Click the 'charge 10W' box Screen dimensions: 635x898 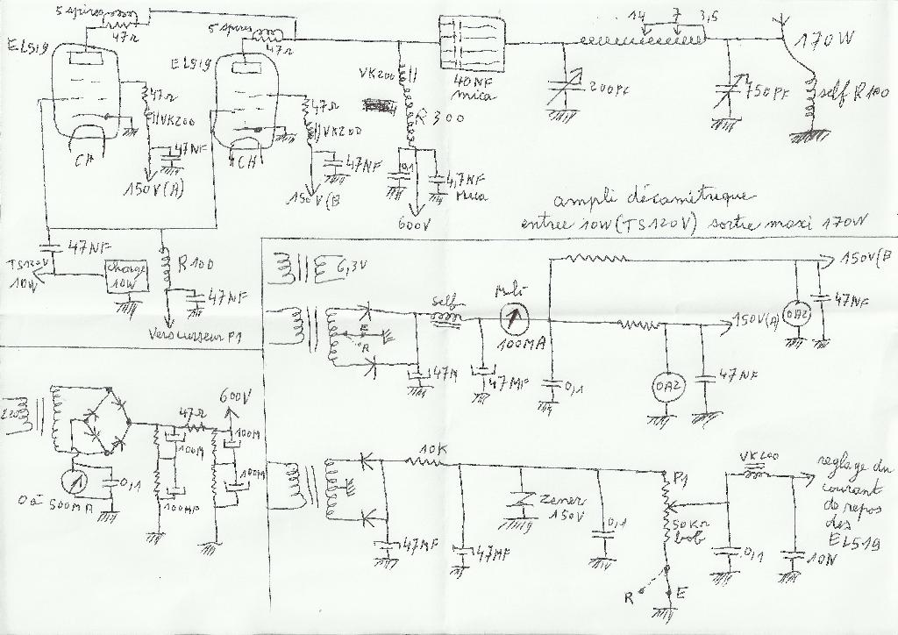pos(125,275)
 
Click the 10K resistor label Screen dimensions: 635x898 pos(432,450)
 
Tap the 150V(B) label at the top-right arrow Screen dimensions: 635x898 pos(864,260)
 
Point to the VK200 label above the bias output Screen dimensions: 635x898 pos(759,457)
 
